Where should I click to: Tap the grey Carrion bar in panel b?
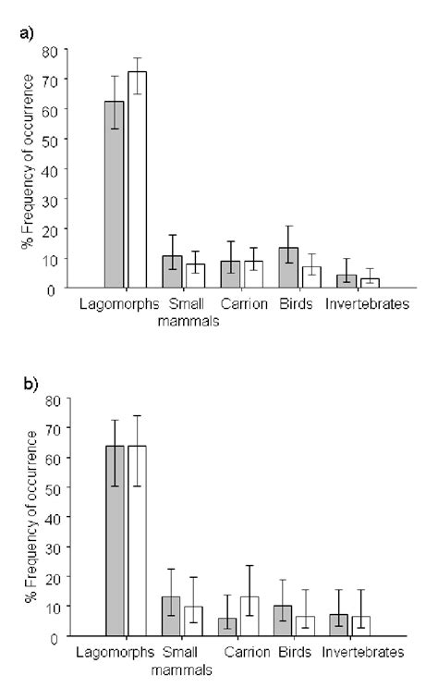227,626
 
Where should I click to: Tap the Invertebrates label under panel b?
362,653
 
